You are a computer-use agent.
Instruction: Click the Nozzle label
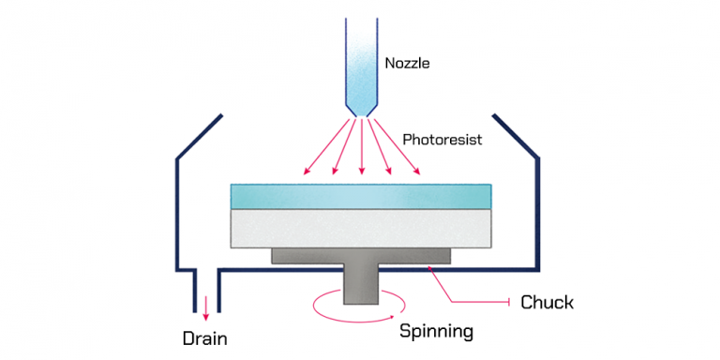pyautogui.click(x=406, y=65)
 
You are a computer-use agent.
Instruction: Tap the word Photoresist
pyautogui.click(x=442, y=140)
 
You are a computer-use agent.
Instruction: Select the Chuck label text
pyautogui.click(x=547, y=302)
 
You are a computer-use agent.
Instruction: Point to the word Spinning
pyautogui.click(x=436, y=331)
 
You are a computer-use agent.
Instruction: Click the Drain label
pyautogui.click(x=205, y=338)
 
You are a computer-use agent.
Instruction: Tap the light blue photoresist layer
pyautogui.click(x=361, y=196)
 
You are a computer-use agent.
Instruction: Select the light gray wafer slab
pyautogui.click(x=361, y=228)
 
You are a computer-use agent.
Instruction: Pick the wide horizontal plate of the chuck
pyautogui.click(x=361, y=256)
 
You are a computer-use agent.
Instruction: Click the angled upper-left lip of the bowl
pyautogui.click(x=199, y=138)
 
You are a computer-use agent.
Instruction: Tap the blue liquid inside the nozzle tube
pyautogui.click(x=361, y=56)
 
